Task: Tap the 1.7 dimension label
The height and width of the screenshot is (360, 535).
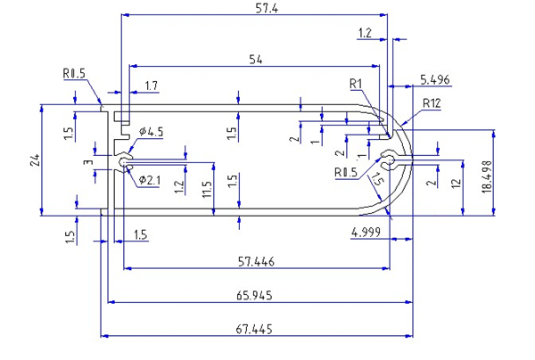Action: (151, 86)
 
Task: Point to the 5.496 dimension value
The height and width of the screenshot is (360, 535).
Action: (435, 80)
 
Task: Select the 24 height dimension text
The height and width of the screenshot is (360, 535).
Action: (35, 160)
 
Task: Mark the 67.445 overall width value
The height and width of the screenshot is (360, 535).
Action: (255, 329)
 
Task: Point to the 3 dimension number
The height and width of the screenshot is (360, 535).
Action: (86, 163)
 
